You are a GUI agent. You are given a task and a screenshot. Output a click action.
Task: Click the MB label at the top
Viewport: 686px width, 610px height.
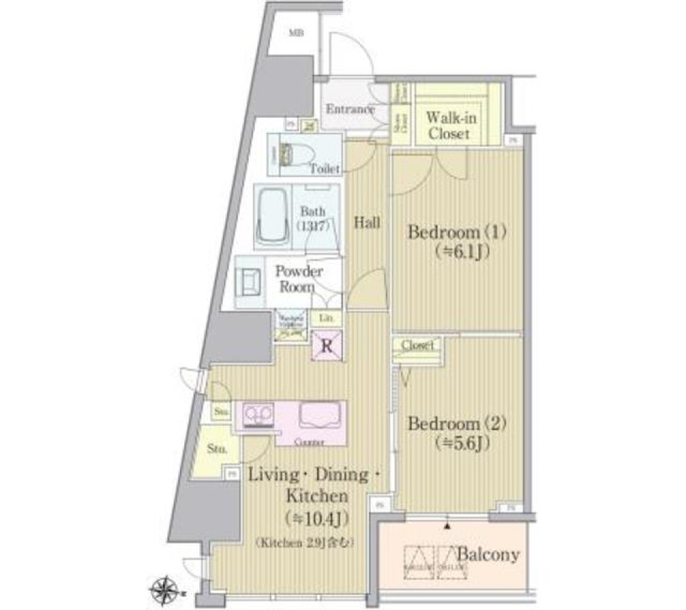coord(294,33)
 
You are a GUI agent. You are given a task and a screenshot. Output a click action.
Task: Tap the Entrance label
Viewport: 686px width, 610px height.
coord(350,109)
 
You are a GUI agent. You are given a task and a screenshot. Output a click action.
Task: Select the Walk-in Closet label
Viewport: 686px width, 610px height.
coord(448,125)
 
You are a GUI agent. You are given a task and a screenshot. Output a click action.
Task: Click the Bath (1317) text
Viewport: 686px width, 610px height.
coord(312,218)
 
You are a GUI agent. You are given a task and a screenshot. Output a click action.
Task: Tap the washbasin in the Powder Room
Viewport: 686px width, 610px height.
coord(251,281)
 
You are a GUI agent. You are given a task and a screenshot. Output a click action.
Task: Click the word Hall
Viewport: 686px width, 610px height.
coord(367,223)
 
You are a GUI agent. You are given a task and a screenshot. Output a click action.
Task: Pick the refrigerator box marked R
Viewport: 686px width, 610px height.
coord(327,347)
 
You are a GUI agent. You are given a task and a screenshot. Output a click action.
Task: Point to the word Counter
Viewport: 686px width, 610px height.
coord(309,442)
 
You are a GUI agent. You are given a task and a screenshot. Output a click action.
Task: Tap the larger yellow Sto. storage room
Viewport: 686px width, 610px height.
coord(217,450)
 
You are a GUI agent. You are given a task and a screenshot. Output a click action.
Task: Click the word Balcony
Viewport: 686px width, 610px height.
coord(488,555)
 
